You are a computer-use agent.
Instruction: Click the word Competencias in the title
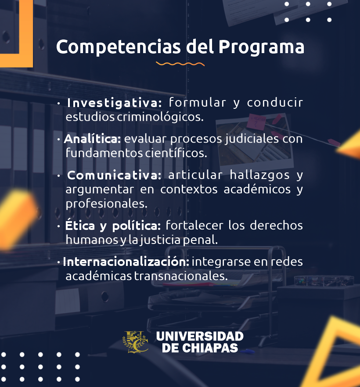click(119, 47)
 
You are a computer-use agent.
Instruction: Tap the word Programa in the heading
click(261, 47)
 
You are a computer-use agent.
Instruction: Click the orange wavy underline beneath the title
click(180, 64)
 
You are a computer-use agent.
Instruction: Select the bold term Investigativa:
click(114, 103)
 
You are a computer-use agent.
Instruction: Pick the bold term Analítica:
click(92, 139)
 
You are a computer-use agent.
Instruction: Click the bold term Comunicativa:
click(114, 175)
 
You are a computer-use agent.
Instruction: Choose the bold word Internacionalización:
click(126, 262)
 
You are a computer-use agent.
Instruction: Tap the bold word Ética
click(80, 226)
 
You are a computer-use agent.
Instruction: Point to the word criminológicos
click(160, 117)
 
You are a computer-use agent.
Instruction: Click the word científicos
click(176, 153)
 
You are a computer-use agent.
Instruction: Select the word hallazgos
click(259, 176)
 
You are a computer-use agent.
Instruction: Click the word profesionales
click(107, 204)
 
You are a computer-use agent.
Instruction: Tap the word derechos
click(276, 226)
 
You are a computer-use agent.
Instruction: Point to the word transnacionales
click(181, 276)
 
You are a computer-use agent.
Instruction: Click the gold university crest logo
click(136, 342)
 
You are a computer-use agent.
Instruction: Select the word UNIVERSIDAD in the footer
click(200, 337)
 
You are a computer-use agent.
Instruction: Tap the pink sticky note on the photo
click(257, 122)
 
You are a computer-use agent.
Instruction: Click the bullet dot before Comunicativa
click(58, 176)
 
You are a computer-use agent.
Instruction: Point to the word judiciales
click(252, 139)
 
